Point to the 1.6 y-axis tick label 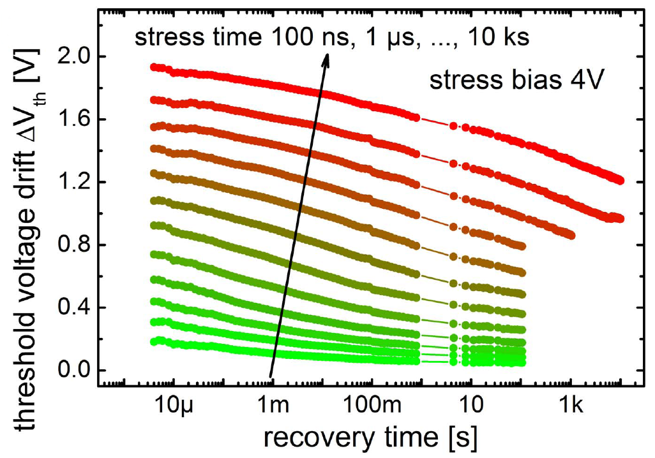[x=73, y=119]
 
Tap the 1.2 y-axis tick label [x=73, y=182]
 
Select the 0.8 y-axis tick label [x=73, y=245]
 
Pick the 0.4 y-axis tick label [x=73, y=307]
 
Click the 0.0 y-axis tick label [x=73, y=370]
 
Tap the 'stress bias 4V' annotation [x=513, y=82]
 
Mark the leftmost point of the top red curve [x=154, y=66]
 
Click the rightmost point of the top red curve [x=619, y=181]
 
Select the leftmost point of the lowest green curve [x=154, y=342]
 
